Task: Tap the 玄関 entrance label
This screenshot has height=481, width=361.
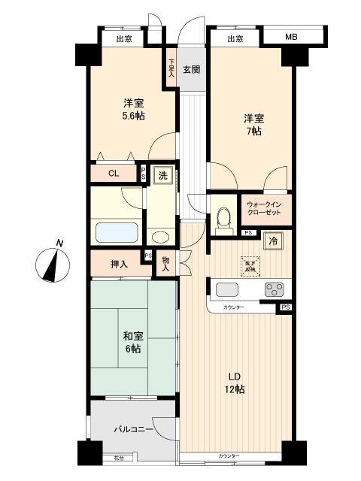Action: pos(192,71)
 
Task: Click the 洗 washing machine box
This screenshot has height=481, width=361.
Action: pos(161,175)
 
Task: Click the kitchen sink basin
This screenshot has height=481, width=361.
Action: pos(227,289)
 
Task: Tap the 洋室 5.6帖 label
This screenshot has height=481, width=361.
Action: pos(134,110)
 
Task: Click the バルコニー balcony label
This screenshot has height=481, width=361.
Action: pos(133,430)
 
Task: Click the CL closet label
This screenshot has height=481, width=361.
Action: pos(113,174)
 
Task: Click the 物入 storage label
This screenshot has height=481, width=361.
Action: pos(166,264)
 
